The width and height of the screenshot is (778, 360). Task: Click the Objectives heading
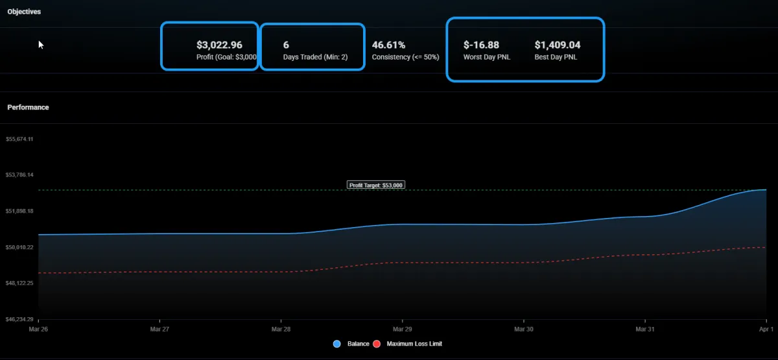click(24, 12)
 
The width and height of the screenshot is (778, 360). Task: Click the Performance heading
click(28, 107)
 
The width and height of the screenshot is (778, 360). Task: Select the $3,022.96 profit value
click(219, 45)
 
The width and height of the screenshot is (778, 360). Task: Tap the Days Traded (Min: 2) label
click(315, 57)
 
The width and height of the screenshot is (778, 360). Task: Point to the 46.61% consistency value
click(388, 45)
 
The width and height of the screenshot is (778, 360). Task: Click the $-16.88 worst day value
click(481, 45)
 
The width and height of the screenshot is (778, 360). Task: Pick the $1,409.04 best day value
click(557, 45)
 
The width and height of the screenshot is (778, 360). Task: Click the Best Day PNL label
click(556, 57)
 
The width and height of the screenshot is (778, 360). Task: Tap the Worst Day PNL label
click(486, 57)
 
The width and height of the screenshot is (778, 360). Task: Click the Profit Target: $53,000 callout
click(376, 185)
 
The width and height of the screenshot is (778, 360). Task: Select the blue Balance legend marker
click(336, 344)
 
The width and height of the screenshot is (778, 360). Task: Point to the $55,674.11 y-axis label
click(19, 139)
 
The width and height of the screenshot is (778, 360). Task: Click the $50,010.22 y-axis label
click(19, 247)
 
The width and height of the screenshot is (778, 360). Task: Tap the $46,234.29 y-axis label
click(19, 319)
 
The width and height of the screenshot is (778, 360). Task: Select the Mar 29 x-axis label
click(403, 330)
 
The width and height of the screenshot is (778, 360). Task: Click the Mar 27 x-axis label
click(159, 330)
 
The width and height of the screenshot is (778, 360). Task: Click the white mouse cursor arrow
click(41, 44)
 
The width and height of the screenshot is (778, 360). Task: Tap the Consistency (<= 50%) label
click(405, 57)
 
